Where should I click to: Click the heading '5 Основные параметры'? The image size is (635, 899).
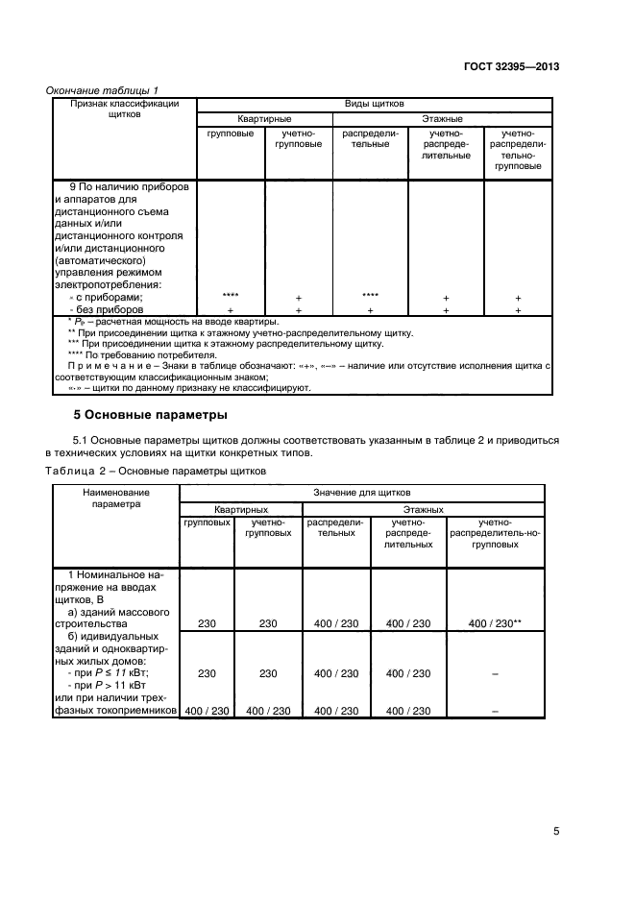point(150,416)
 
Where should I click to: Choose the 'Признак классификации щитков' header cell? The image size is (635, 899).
point(119,108)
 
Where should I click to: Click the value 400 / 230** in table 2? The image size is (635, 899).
point(496,623)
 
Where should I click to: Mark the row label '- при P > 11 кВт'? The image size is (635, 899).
point(100,687)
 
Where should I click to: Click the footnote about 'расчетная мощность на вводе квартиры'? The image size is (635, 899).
point(167,321)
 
